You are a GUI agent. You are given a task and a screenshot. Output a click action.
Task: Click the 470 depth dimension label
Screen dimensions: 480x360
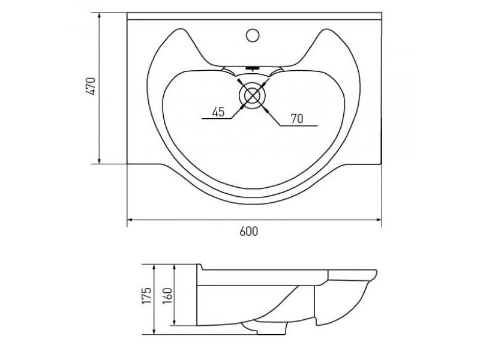click(x=91, y=86)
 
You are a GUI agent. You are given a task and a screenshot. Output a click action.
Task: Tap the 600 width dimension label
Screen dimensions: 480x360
click(x=248, y=232)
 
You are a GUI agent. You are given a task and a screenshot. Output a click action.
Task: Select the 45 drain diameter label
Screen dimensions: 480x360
click(x=218, y=112)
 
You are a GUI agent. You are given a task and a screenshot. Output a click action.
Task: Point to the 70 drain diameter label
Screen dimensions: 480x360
click(x=297, y=119)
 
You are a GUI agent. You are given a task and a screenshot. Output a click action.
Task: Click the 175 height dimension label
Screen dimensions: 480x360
click(x=146, y=295)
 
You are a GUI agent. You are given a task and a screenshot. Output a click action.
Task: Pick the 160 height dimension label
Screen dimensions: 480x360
click(x=167, y=296)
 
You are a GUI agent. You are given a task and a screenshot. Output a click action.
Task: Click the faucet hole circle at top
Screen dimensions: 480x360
click(x=253, y=35)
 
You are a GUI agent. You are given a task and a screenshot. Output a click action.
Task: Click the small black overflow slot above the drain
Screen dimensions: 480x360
click(x=253, y=68)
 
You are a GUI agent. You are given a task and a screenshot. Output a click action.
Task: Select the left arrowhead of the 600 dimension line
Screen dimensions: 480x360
click(x=130, y=220)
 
